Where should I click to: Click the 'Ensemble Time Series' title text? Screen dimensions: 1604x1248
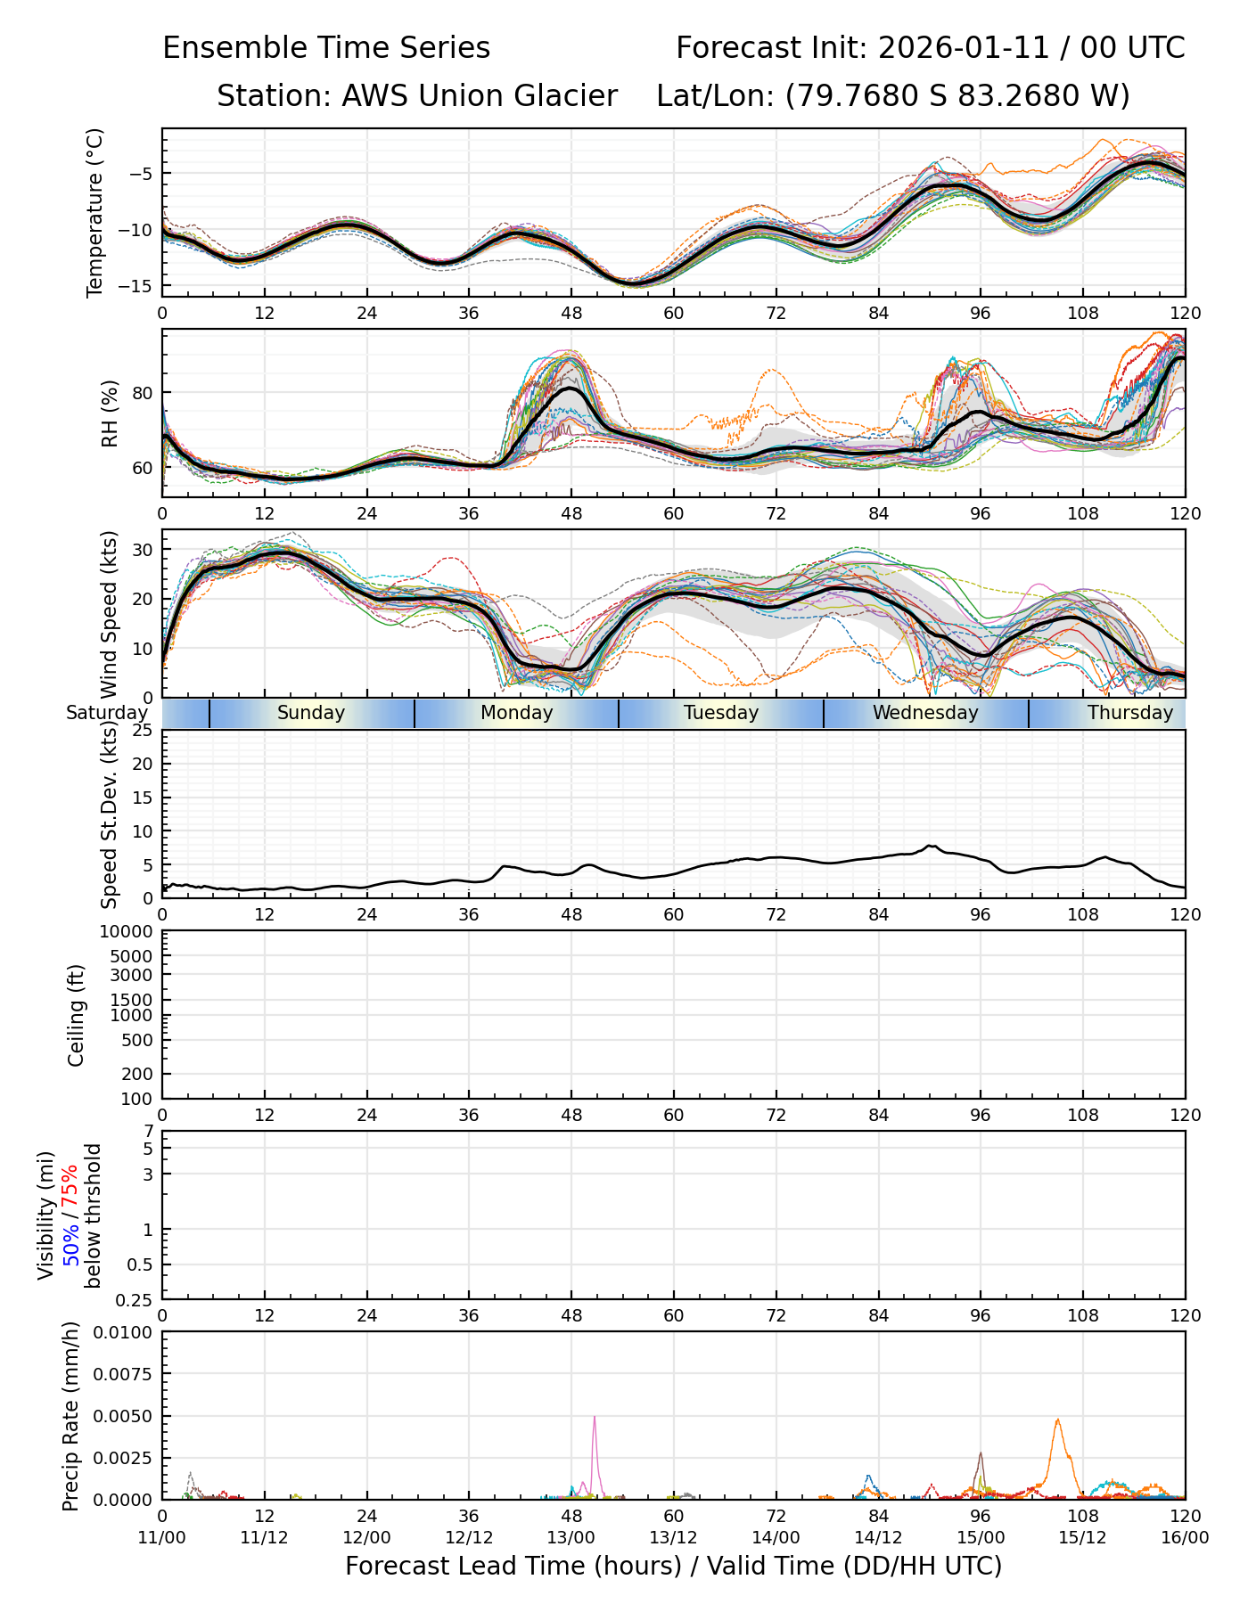[x=326, y=48]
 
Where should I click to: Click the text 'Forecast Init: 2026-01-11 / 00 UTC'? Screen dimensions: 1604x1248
[x=930, y=48]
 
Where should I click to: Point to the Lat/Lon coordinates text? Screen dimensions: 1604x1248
[x=892, y=96]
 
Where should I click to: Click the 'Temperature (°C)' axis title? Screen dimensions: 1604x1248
[x=95, y=212]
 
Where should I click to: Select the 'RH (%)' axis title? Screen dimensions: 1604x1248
[x=110, y=413]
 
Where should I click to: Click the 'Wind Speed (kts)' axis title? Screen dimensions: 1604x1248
[x=110, y=614]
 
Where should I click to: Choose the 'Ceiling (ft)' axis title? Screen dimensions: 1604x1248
[x=77, y=1015]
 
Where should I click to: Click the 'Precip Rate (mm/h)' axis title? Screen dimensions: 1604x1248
[x=71, y=1416]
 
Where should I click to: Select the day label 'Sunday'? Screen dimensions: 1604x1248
[x=311, y=713]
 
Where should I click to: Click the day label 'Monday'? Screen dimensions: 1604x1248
[x=517, y=713]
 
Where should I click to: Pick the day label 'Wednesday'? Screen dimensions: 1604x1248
[x=925, y=713]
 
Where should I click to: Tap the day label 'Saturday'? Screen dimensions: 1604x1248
[x=107, y=713]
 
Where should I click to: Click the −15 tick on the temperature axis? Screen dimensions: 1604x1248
[x=138, y=286]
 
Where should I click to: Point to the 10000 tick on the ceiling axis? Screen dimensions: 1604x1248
[x=128, y=932]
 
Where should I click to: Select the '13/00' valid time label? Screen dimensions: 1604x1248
[x=571, y=1537]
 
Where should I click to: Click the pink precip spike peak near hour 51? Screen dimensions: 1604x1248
[x=595, y=1417]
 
